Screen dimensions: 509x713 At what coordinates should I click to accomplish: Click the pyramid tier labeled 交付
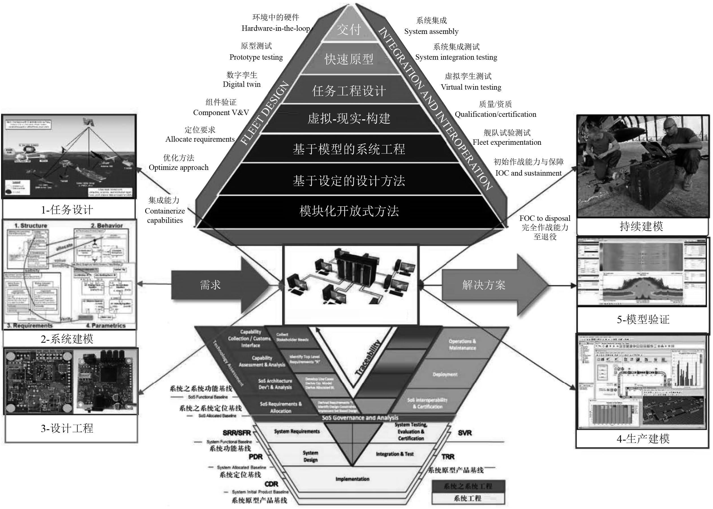tap(349, 30)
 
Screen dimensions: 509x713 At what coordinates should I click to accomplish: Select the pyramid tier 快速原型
tap(349, 59)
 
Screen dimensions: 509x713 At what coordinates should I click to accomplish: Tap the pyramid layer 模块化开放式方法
tap(349, 211)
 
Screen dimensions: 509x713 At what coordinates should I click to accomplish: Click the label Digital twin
tap(242, 84)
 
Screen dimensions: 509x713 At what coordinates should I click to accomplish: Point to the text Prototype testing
tap(256, 57)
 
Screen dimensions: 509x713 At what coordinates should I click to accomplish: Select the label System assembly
tap(431, 31)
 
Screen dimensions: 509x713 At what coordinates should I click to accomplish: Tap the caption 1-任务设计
tap(67, 210)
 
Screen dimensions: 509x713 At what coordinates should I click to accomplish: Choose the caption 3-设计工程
tap(67, 428)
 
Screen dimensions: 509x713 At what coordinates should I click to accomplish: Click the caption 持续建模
tap(641, 226)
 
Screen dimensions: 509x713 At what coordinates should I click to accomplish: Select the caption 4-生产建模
tap(643, 439)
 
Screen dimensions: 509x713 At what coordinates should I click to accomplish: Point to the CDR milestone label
tap(271, 484)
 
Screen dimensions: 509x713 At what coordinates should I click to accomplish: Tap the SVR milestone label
tap(464, 433)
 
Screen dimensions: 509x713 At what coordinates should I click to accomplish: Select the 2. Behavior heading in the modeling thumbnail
tap(107, 226)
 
